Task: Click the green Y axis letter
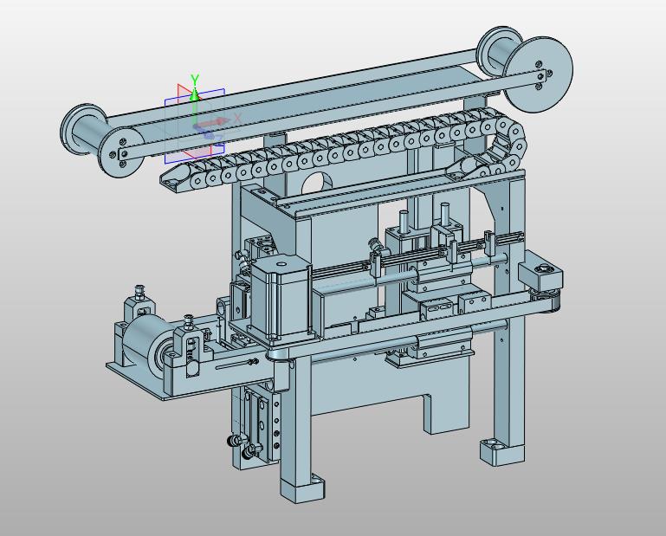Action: click(195, 80)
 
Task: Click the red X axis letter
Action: click(237, 118)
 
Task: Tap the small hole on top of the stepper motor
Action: click(281, 264)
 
